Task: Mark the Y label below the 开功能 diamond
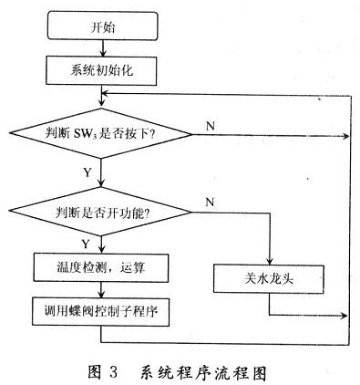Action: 87,245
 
